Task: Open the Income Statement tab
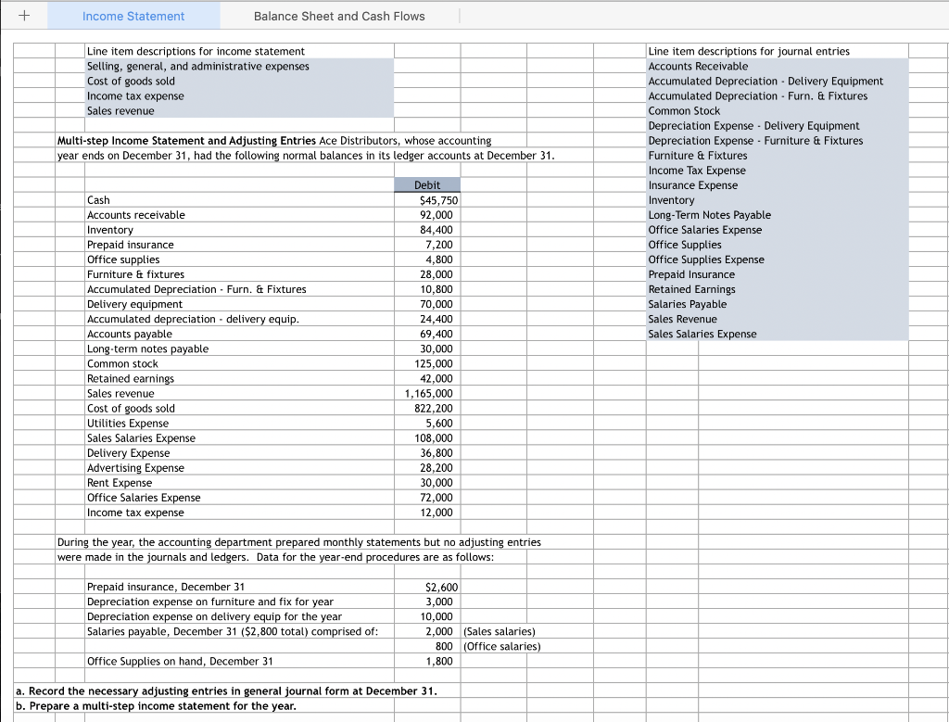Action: pyautogui.click(x=133, y=16)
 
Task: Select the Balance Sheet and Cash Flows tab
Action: pyautogui.click(x=339, y=16)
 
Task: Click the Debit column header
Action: pyautogui.click(x=427, y=185)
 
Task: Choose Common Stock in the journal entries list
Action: pyautogui.click(x=684, y=111)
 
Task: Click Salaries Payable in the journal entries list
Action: pyautogui.click(x=688, y=304)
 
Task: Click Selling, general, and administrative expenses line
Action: pyautogui.click(x=198, y=66)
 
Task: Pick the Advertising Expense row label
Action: pyautogui.click(x=135, y=468)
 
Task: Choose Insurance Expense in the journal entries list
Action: pyautogui.click(x=693, y=185)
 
